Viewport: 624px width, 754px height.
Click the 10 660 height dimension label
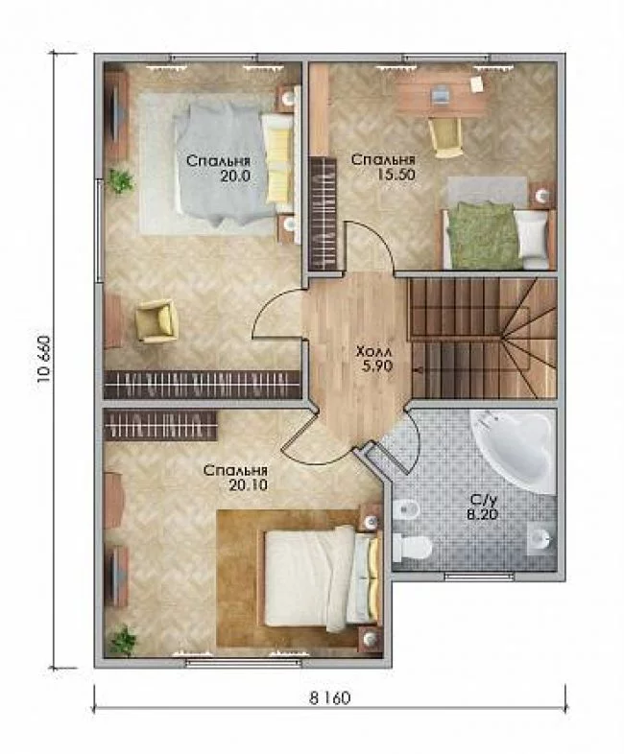[43, 358]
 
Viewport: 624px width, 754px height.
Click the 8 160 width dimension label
[329, 697]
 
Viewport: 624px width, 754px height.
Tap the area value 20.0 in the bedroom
[235, 176]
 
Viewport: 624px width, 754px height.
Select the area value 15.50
[396, 174]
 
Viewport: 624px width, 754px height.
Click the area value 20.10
[249, 485]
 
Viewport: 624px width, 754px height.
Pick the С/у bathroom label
[482, 499]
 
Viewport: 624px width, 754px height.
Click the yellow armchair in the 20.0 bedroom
[156, 320]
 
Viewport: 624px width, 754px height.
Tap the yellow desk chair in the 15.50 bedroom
[446, 136]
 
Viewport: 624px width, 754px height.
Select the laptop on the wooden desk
[442, 93]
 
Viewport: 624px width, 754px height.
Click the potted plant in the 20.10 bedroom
[122, 641]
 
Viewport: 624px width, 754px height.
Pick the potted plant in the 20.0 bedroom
[120, 179]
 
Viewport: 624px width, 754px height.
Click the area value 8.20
[482, 513]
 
